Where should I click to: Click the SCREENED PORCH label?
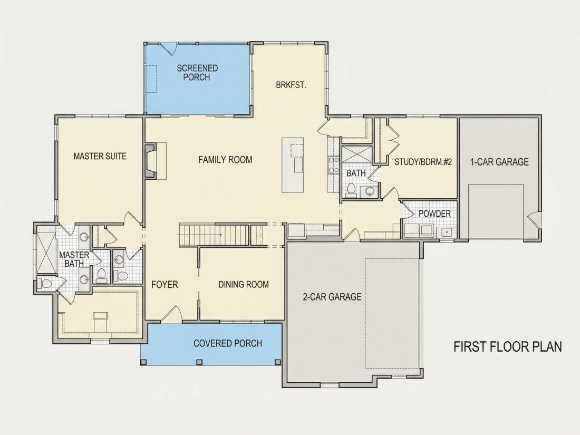[x=197, y=73]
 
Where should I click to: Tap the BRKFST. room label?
[x=291, y=85]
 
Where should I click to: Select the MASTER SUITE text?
[x=100, y=156]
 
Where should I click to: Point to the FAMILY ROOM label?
[x=225, y=160]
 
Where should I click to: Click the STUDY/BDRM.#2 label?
[x=423, y=162]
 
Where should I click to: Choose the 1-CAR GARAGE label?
[x=499, y=162]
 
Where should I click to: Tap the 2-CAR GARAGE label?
[x=332, y=297]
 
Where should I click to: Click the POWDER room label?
[x=434, y=214]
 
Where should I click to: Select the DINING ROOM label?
[x=244, y=284]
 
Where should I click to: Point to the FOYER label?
[x=165, y=284]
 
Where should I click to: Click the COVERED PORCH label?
[x=228, y=343]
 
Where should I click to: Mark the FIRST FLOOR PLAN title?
[x=508, y=346]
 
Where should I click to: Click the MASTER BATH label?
[x=74, y=259]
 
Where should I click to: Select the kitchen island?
[x=293, y=165]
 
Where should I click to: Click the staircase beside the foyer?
[x=223, y=235]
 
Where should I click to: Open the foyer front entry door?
[x=172, y=313]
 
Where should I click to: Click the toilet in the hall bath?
[x=351, y=189]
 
